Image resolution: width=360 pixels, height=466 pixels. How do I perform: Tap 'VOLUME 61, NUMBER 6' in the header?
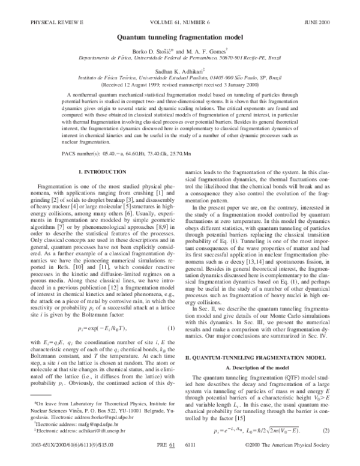coord(180,22)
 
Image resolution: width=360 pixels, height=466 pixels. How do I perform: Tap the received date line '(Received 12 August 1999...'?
coord(179,85)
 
